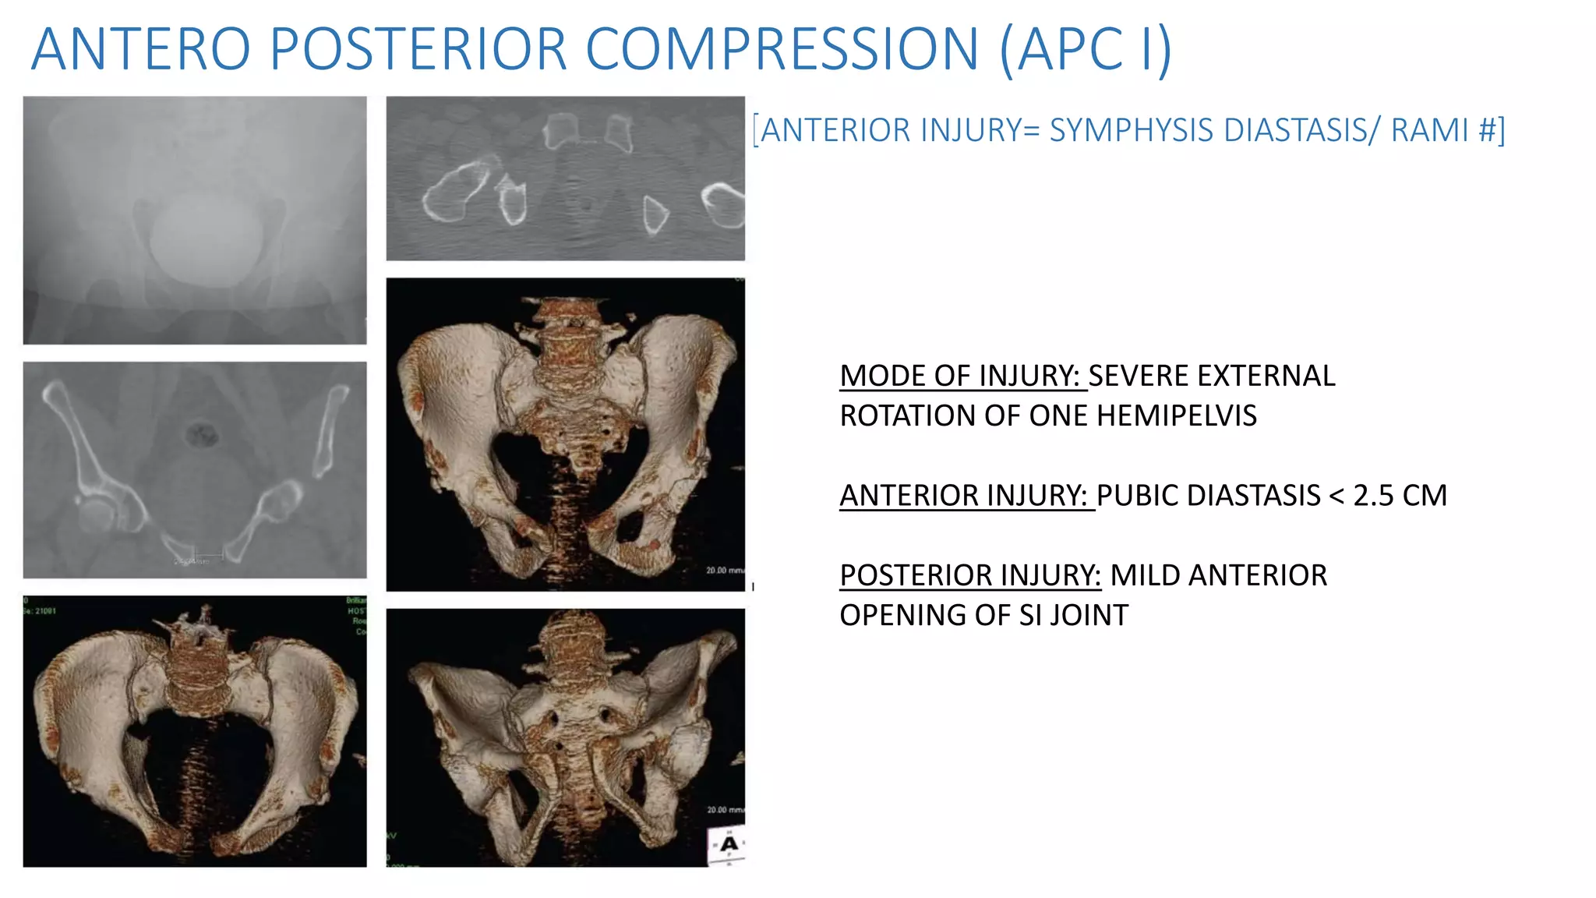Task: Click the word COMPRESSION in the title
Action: (782, 50)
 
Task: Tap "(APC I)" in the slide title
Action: (1086, 50)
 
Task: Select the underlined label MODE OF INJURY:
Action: (962, 376)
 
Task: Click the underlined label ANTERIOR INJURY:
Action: (966, 496)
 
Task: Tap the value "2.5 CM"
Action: (1400, 496)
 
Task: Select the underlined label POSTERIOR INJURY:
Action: (970, 575)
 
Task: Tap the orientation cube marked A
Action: (728, 845)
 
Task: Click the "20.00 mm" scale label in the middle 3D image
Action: (725, 571)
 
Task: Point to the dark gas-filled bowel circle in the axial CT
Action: (202, 433)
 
